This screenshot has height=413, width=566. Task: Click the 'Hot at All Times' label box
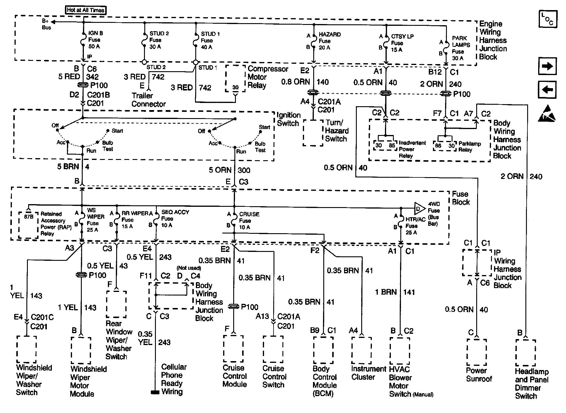point(86,10)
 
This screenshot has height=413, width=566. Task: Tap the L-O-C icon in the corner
point(548,19)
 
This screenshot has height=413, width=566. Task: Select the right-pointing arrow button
point(547,66)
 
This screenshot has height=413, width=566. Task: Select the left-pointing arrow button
point(547,90)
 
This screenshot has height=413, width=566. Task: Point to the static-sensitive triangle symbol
point(547,114)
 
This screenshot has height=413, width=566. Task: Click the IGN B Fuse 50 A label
point(95,40)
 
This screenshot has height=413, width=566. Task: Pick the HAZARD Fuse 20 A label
point(329,41)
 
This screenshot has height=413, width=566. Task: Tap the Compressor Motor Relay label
point(268,77)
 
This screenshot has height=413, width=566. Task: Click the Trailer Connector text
point(148,100)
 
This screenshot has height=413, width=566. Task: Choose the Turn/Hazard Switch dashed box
point(313,133)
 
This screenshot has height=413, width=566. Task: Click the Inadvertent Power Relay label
point(412,149)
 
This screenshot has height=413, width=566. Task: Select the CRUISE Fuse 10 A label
point(249,220)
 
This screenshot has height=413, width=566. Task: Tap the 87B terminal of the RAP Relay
point(29,217)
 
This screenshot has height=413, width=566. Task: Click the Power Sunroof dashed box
point(477,352)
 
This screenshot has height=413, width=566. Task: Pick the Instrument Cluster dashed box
point(361,350)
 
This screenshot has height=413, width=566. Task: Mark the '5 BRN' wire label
point(68,167)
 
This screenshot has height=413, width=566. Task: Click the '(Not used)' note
point(189,268)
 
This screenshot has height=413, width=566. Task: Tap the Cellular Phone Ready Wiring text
point(173,379)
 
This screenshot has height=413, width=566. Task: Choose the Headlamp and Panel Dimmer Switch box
point(525,353)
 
